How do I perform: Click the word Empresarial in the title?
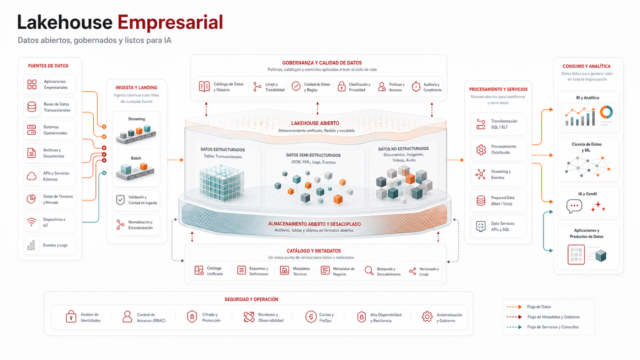(x=170, y=22)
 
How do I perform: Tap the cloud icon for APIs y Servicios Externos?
(x=32, y=176)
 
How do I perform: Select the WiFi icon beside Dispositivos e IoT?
(x=32, y=222)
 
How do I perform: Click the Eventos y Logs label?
(x=55, y=245)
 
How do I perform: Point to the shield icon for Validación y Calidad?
(x=120, y=200)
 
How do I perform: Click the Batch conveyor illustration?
(x=135, y=171)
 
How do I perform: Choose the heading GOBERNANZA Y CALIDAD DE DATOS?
(x=322, y=63)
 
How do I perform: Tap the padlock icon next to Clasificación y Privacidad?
(x=341, y=86)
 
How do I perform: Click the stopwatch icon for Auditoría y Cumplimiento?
(x=416, y=86)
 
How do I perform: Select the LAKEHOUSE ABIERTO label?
(x=315, y=123)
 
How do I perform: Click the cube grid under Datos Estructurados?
(x=221, y=183)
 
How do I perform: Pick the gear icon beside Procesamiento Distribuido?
(x=481, y=149)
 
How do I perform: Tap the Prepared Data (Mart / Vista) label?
(x=502, y=201)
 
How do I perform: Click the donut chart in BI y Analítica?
(x=606, y=112)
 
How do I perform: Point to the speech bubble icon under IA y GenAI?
(x=574, y=206)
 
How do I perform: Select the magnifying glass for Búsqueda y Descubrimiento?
(x=369, y=270)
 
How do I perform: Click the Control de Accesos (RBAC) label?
(x=151, y=318)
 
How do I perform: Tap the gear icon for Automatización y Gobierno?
(x=427, y=317)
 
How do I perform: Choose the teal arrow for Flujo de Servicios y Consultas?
(x=514, y=327)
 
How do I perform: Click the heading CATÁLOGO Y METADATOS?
(x=314, y=251)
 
